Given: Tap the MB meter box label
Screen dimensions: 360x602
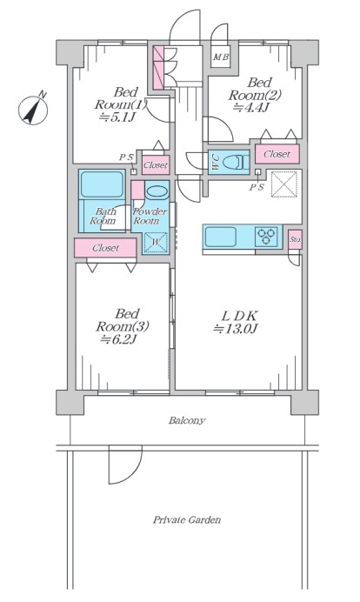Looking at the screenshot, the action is click(x=221, y=57).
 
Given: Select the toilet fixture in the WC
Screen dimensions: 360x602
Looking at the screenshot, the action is click(x=235, y=161).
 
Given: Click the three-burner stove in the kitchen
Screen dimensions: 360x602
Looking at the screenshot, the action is click(x=266, y=237).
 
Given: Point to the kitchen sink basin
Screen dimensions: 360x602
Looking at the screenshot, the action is click(x=220, y=237).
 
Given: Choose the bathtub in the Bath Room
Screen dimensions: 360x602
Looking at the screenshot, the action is click(x=102, y=184).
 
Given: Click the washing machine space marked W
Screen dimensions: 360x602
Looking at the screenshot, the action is click(x=156, y=242).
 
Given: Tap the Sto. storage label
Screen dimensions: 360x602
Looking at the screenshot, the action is click(x=295, y=240).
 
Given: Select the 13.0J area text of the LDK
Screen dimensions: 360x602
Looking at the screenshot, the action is click(x=235, y=329).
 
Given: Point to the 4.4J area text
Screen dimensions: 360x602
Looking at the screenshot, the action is click(x=249, y=107).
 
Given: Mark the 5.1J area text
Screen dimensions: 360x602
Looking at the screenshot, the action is click(x=117, y=117).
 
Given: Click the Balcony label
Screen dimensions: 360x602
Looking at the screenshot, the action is click(x=187, y=420).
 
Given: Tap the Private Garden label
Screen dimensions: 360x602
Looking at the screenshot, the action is click(x=187, y=520).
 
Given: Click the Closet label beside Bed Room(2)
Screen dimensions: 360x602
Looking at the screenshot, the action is click(x=277, y=154).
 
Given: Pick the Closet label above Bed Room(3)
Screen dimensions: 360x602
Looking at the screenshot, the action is click(x=105, y=248).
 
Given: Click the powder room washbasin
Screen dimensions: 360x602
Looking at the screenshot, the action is click(x=157, y=192).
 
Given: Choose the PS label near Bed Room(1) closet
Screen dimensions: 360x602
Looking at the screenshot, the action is click(x=126, y=157).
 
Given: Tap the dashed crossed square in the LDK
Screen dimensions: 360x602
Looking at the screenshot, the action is click(x=284, y=184).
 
